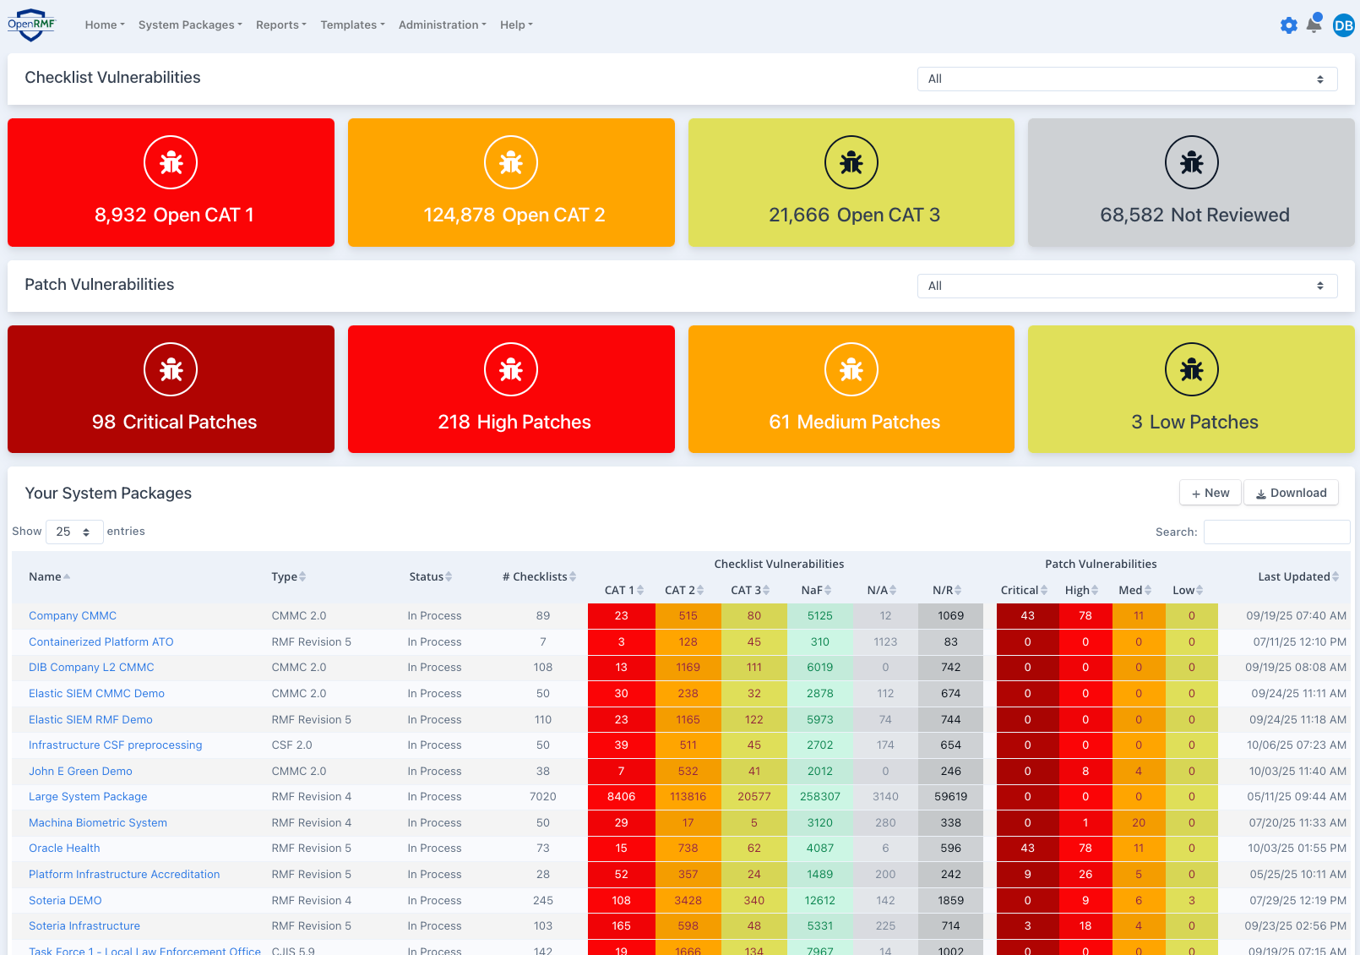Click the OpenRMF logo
tap(31, 25)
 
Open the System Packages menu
tap(190, 25)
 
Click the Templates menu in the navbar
tap(352, 25)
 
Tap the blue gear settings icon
tap(1288, 25)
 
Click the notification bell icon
tap(1314, 25)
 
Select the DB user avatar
tap(1343, 25)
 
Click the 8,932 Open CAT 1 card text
tap(174, 215)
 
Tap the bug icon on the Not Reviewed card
tap(1191, 162)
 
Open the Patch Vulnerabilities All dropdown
tap(1127, 286)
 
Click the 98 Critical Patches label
tap(174, 422)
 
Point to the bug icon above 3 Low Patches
tap(1191, 369)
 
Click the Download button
tap(1291, 493)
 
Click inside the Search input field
tap(1276, 532)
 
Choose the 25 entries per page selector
tap(73, 532)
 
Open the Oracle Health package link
tap(64, 848)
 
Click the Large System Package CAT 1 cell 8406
tap(621, 796)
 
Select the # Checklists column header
tap(539, 576)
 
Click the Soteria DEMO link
tap(65, 900)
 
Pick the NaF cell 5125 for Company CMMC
tap(819, 615)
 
